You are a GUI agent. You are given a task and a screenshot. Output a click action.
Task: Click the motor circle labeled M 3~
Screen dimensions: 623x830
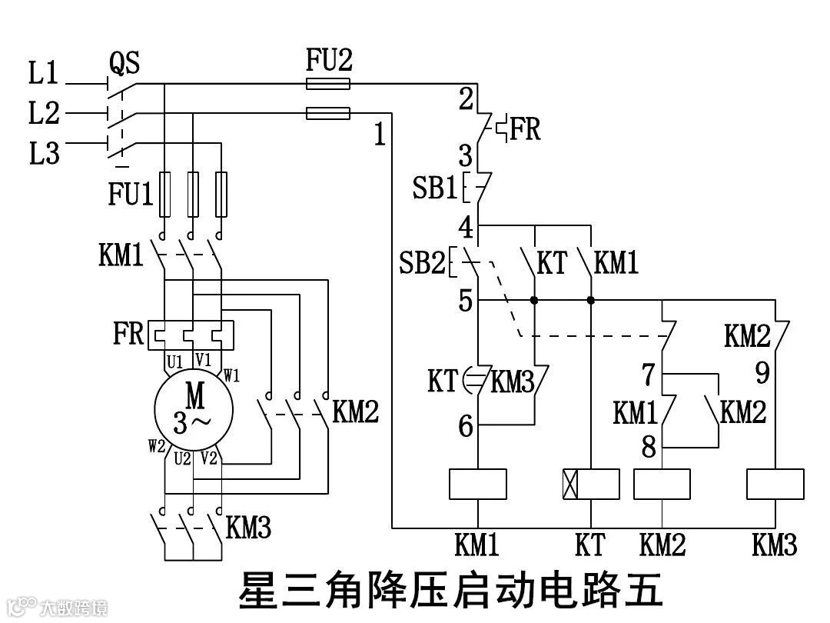pos(192,408)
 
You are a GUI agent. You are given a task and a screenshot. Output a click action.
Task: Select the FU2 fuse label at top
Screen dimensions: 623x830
pos(329,60)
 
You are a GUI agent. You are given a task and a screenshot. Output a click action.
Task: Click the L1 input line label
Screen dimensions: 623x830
pos(44,74)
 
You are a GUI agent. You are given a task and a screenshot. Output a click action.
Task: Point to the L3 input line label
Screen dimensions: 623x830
pos(44,154)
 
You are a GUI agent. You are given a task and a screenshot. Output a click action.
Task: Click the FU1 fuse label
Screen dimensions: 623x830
pos(131,195)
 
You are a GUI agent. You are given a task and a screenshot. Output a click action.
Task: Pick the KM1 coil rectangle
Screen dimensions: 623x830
pos(477,484)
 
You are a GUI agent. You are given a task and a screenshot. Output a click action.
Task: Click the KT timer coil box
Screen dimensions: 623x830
pos(590,484)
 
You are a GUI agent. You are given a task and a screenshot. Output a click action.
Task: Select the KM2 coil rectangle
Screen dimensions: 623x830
pos(662,484)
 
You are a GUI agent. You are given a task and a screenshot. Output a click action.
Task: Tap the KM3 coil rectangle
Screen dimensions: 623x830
pos(776,484)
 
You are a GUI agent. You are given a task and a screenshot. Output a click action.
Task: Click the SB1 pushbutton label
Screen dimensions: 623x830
pos(435,188)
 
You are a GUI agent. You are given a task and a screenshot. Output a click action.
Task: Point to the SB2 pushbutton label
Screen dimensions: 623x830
pos(422,264)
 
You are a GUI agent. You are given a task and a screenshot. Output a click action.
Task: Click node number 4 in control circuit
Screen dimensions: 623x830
pos(465,228)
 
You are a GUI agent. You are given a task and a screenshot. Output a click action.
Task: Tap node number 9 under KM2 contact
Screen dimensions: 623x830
pos(762,374)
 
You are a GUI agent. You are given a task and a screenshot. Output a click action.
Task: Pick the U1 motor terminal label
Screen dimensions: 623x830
pos(175,361)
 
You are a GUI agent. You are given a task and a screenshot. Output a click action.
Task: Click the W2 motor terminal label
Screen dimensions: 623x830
pos(157,446)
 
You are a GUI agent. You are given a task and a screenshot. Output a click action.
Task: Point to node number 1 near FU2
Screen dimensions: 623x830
pos(379,135)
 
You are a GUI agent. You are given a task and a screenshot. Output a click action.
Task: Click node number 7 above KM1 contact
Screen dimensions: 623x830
pos(649,375)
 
